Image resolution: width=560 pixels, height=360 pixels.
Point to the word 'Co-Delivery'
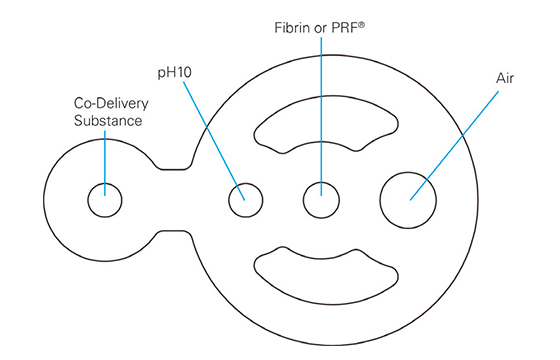(107, 103)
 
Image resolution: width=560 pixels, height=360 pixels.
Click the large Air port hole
(410, 198)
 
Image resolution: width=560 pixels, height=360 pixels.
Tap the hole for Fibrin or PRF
(321, 199)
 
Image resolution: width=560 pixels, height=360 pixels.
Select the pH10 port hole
(245, 200)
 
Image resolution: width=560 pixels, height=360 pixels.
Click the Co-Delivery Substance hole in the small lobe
(103, 200)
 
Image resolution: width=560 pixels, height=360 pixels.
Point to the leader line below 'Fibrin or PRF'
(321, 110)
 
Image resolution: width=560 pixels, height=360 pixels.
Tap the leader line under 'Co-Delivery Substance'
(103, 160)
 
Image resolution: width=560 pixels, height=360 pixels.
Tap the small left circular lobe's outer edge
(47, 200)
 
